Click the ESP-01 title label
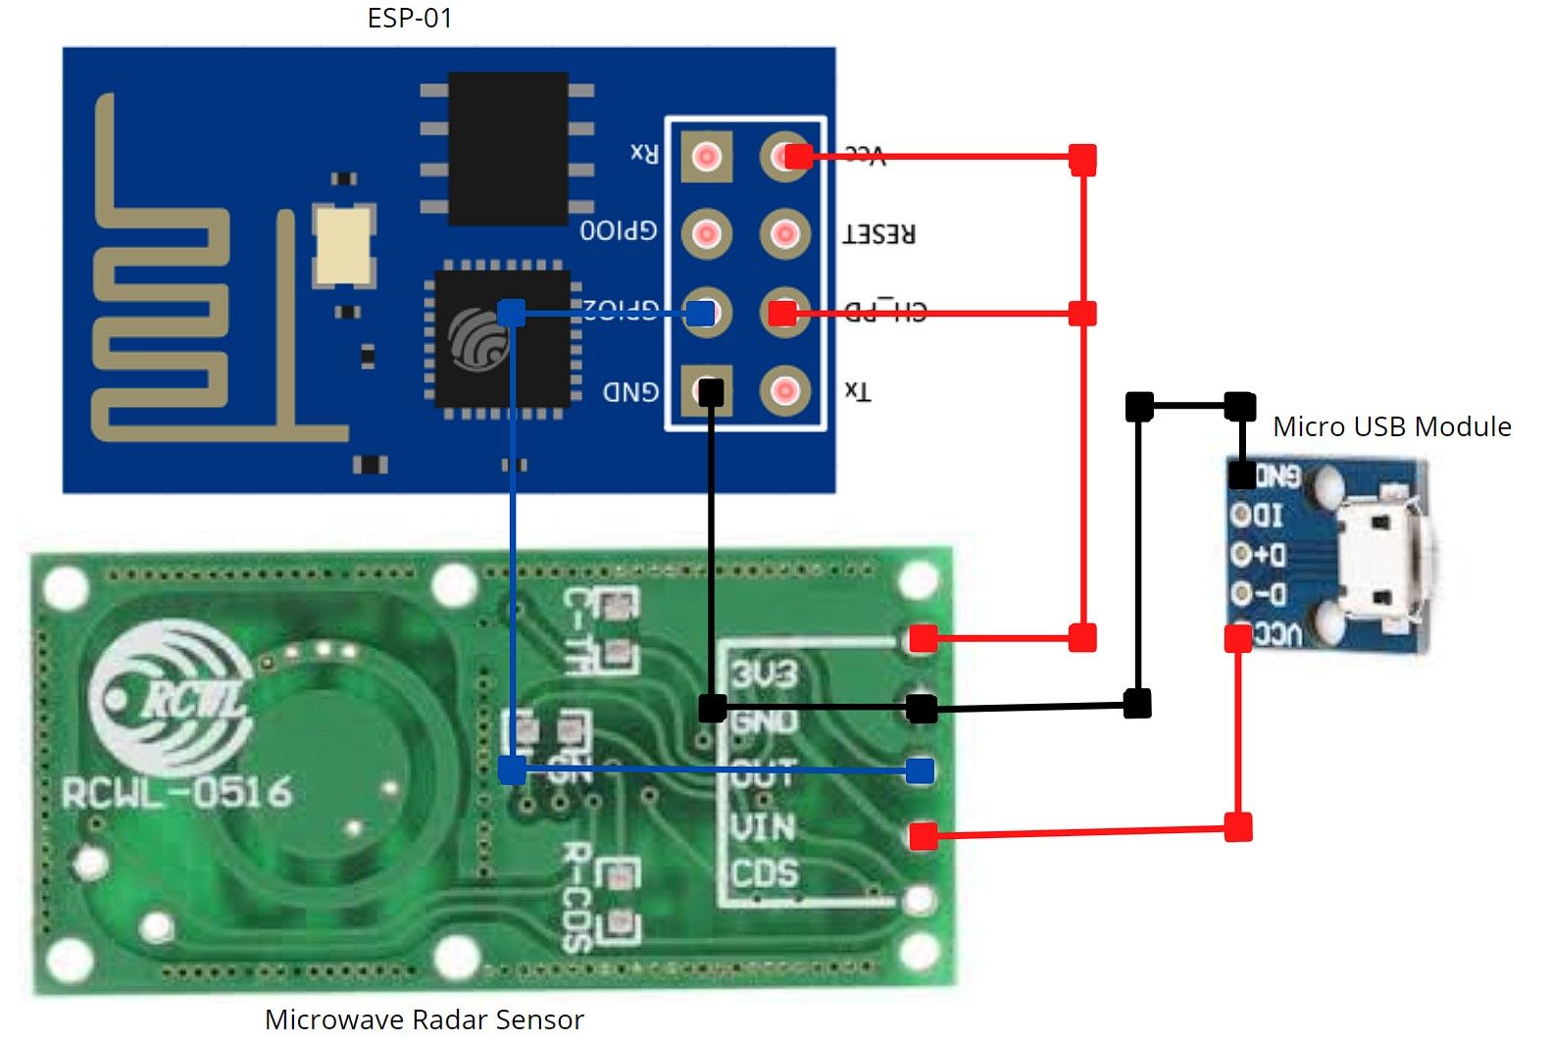(x=410, y=18)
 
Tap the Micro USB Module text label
(x=1391, y=427)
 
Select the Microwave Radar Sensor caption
(x=424, y=1019)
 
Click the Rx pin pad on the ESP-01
(x=707, y=157)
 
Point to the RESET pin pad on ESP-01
(x=784, y=233)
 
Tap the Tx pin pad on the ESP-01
(x=784, y=391)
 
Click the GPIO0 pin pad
(x=707, y=233)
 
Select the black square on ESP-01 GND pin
(x=711, y=392)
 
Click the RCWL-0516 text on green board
(x=176, y=792)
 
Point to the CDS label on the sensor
(x=764, y=873)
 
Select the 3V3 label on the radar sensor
(x=765, y=674)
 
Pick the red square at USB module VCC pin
(x=1238, y=638)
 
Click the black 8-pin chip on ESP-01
(x=508, y=148)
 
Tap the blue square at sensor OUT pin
(x=920, y=770)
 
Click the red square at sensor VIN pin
(x=923, y=836)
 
